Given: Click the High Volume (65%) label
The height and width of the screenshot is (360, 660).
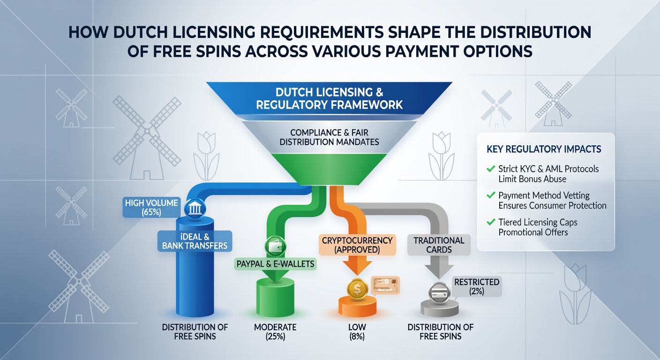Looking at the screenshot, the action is point(151,207).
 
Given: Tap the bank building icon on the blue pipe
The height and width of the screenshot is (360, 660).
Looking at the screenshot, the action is point(195,210).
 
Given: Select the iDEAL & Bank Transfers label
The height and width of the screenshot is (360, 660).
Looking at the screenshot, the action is point(195,241).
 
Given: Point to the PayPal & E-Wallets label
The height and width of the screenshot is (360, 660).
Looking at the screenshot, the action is point(275,263).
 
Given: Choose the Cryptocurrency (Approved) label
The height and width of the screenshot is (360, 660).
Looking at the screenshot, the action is point(357,245).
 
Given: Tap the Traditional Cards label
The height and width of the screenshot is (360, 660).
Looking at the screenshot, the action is point(439,245).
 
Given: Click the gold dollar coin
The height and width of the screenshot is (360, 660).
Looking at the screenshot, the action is point(357,289).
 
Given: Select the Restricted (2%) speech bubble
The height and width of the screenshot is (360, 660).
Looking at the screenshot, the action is point(477,287).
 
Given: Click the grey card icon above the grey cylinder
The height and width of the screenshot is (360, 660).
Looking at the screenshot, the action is point(439,293).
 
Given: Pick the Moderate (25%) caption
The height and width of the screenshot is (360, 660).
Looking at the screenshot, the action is point(275,332).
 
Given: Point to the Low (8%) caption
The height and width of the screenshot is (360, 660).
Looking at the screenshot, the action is point(357,332).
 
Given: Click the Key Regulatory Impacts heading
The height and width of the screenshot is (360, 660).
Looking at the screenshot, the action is point(544,150).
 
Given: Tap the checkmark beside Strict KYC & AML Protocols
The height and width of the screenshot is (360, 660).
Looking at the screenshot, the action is point(491,169).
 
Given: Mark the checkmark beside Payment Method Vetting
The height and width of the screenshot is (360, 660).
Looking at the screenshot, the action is point(491,195).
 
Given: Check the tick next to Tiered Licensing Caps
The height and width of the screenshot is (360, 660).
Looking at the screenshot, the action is point(491,222).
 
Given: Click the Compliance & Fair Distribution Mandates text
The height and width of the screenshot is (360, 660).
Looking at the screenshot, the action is point(329,137).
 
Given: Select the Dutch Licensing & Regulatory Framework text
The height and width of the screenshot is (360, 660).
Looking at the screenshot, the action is point(329,98).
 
